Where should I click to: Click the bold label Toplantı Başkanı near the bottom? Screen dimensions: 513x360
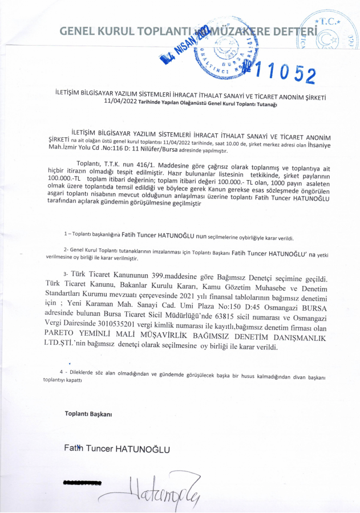[88, 413]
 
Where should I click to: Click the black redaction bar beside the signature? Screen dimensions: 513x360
[82, 483]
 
